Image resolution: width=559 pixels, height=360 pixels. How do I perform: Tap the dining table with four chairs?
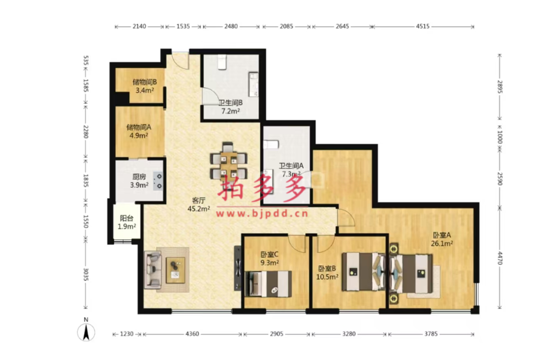(x=229, y=162)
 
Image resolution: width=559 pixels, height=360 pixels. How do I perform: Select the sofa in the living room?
(x=153, y=270)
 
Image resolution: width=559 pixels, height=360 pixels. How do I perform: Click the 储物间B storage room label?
(x=145, y=82)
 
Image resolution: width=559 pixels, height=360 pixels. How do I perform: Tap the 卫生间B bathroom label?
(x=230, y=103)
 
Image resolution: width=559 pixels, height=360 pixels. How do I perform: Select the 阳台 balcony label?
(x=127, y=218)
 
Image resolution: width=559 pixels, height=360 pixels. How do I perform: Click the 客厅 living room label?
(x=199, y=201)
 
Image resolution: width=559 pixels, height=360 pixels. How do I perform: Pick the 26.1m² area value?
(x=441, y=244)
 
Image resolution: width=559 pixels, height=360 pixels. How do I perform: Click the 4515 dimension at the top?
(x=422, y=26)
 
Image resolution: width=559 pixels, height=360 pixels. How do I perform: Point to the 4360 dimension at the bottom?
(x=192, y=334)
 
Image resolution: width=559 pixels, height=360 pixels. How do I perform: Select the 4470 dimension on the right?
(x=499, y=258)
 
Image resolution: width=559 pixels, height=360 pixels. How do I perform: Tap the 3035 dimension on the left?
(x=86, y=274)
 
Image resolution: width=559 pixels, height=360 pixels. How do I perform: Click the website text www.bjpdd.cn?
(x=262, y=214)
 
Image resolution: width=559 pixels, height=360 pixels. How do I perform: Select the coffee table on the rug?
(x=175, y=270)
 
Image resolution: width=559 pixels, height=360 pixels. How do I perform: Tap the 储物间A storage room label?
(x=139, y=127)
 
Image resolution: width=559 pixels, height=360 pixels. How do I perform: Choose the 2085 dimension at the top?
(x=287, y=26)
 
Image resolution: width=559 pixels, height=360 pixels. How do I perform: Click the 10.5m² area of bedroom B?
(x=327, y=277)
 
